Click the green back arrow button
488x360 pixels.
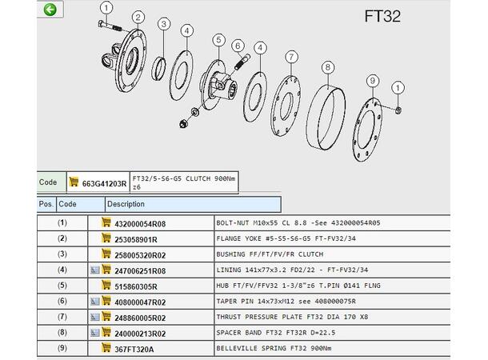pyautogui.click(x=50, y=10)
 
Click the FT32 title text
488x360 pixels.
pyautogui.click(x=382, y=16)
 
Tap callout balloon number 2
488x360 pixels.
pyautogui.click(x=138, y=18)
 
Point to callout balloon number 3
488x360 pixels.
pyautogui.click(x=164, y=24)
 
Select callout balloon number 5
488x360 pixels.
pyautogui.click(x=218, y=40)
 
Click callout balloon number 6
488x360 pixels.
pyautogui.click(x=238, y=46)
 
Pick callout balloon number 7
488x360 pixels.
pyautogui.click(x=291, y=58)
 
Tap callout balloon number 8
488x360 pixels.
pyautogui.click(x=328, y=67)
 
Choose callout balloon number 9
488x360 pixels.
pyautogui.click(x=373, y=82)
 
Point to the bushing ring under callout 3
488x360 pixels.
pyautogui.click(x=158, y=69)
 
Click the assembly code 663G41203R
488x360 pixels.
pyautogui.click(x=104, y=184)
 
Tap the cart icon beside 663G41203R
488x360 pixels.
pyautogui.click(x=74, y=182)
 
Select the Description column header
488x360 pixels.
pyautogui.click(x=126, y=204)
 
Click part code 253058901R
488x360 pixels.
pyautogui.click(x=136, y=239)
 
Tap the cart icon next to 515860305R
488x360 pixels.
pyautogui.click(x=106, y=285)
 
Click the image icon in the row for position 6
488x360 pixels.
pyautogui.click(x=95, y=301)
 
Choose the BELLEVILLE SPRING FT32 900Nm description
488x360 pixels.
pyautogui.click(x=274, y=348)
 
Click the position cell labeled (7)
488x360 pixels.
pyautogui.click(x=62, y=317)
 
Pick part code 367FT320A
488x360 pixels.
pyautogui.click(x=134, y=350)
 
